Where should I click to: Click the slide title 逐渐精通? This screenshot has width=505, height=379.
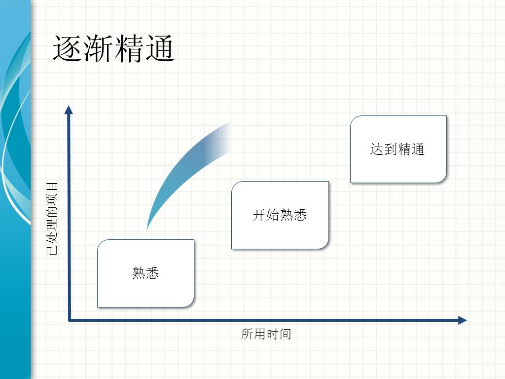114,48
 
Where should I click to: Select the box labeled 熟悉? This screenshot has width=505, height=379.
145,273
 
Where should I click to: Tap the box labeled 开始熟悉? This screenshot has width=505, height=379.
280,215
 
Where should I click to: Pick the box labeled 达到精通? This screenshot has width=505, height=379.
398,149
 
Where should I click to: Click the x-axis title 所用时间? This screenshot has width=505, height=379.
266,334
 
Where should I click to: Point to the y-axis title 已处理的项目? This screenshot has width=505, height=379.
52,219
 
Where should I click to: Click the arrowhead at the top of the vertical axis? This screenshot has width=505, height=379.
68,110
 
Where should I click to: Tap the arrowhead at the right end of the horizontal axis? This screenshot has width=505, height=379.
462,320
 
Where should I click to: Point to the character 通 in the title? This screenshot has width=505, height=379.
160,48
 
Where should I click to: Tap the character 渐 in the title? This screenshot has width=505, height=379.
99,48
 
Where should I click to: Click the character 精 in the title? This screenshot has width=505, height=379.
129,48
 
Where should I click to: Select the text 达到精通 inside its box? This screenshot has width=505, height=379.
397,149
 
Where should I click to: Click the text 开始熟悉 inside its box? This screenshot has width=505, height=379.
280,215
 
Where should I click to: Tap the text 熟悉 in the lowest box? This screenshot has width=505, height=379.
145,273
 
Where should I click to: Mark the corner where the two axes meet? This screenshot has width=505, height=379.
69,320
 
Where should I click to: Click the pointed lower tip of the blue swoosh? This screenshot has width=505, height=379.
147,230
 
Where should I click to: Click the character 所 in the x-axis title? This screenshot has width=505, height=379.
247,334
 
